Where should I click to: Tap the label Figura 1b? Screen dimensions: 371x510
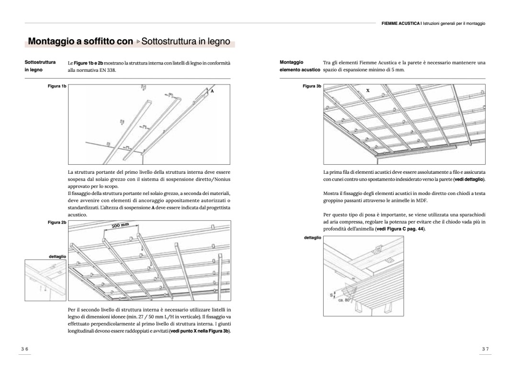coord(57,86)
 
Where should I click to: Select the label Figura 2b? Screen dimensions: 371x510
coord(57,223)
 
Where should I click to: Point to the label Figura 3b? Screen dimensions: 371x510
coord(312,86)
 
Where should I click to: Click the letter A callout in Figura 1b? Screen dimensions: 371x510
coord(210,90)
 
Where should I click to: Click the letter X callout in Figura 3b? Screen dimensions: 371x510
coord(368,90)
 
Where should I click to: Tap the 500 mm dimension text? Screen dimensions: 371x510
coord(121,225)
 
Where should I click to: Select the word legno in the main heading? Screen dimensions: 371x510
coord(218,42)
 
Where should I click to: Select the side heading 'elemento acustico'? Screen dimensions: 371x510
coord(300,70)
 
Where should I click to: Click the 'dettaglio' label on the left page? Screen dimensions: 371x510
coord(57,257)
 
